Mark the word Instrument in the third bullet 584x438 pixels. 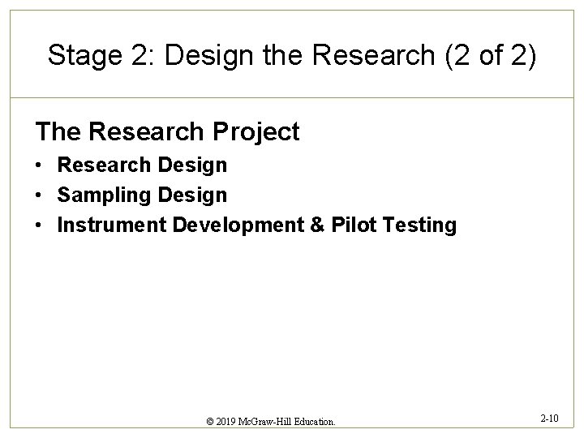110,225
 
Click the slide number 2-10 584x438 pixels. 548,419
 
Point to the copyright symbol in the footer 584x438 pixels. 211,422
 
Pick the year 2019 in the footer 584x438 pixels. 228,422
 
